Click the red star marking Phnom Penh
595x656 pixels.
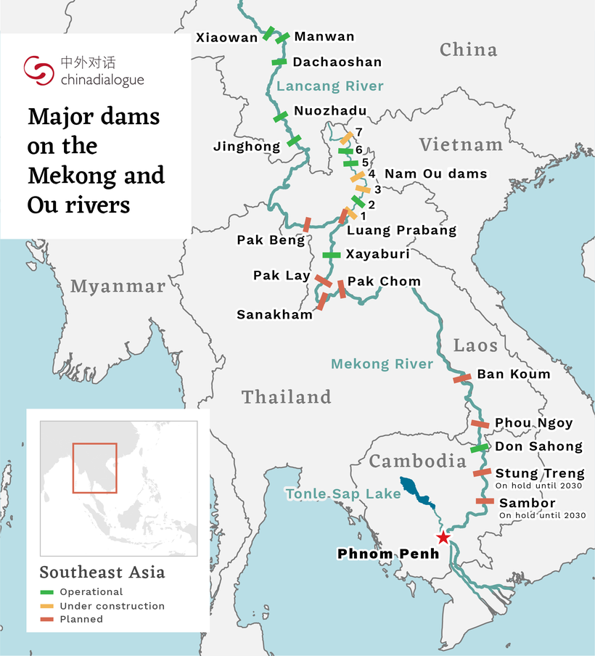[x=443, y=538]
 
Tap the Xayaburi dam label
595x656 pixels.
[x=377, y=254]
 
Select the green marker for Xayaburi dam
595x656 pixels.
[x=331, y=255]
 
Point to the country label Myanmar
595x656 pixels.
[x=118, y=287]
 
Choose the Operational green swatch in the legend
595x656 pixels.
[x=47, y=592]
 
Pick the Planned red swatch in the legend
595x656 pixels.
[x=47, y=620]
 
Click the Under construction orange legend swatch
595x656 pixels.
[x=47, y=606]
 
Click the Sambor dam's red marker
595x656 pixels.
[x=485, y=501]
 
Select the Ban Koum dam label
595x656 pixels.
[x=513, y=374]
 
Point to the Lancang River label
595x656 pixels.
[x=330, y=86]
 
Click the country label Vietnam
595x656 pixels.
[x=461, y=145]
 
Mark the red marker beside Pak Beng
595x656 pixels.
[x=306, y=224]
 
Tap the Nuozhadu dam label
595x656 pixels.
[x=330, y=111]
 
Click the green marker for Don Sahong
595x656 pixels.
[x=479, y=448]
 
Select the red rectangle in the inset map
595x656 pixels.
[x=94, y=468]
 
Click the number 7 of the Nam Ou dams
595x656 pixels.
[x=358, y=131]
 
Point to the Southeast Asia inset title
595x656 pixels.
[x=102, y=572]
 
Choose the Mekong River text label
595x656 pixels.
[x=382, y=364]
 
